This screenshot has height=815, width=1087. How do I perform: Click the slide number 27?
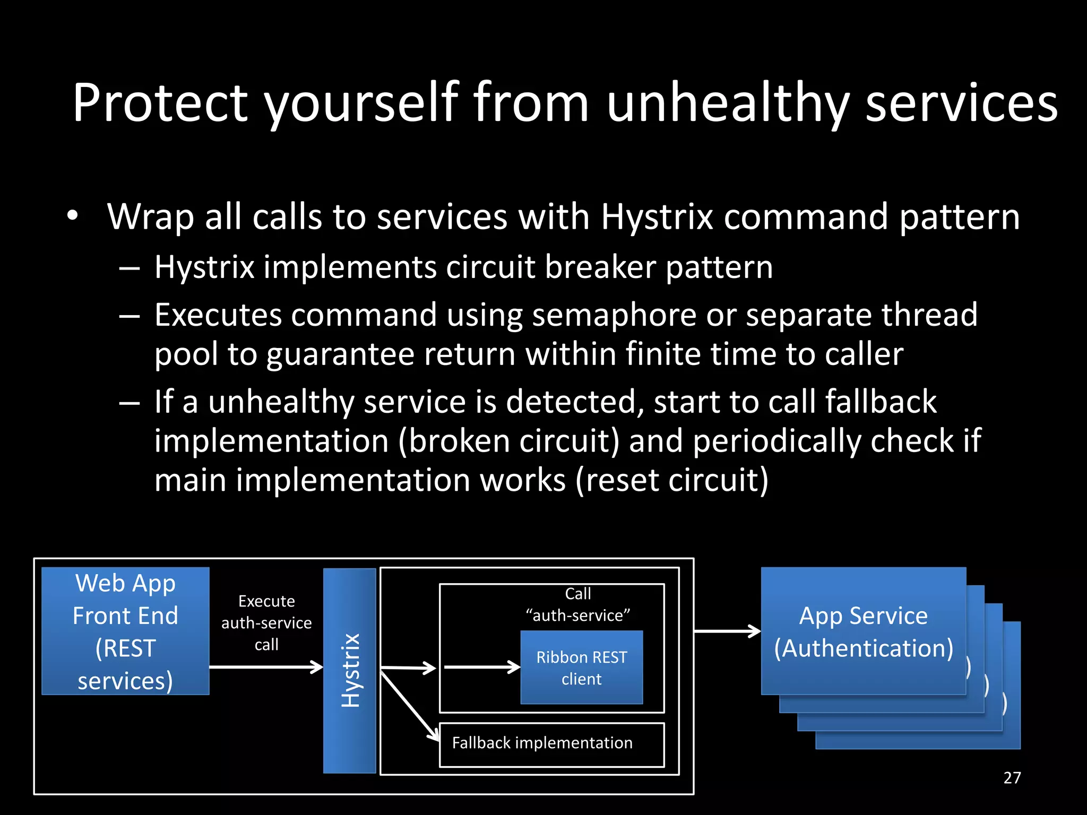point(1012,778)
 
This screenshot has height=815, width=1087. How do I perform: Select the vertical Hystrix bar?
point(350,671)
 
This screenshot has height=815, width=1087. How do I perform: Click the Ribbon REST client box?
point(581,667)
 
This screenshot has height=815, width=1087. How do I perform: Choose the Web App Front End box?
point(125,631)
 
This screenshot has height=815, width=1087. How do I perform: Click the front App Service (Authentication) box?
point(863,631)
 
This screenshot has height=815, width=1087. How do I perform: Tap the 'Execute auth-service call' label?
point(266,622)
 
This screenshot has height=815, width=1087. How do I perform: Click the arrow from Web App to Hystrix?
point(265,667)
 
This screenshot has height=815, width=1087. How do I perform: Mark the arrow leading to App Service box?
point(727,631)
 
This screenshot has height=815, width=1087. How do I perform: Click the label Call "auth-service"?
point(577,604)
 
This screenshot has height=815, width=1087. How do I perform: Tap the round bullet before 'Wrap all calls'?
point(73,216)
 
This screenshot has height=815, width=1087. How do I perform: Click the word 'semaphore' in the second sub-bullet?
point(614,315)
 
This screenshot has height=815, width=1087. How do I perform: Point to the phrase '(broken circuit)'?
point(508,441)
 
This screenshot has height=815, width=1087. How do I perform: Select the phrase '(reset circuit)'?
point(672,480)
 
